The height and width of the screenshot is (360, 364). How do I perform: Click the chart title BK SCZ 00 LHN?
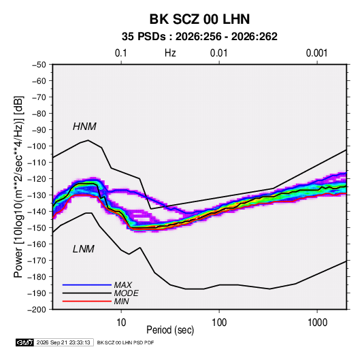pyautogui.click(x=199, y=19)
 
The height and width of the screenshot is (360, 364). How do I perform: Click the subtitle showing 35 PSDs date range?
pyautogui.click(x=199, y=37)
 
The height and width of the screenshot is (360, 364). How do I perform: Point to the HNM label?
pyautogui.click(x=84, y=127)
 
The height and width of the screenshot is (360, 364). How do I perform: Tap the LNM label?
pyautogui.click(x=84, y=249)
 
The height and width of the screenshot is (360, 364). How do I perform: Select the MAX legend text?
pyautogui.click(x=123, y=284)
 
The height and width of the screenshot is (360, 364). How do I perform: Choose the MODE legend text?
pyautogui.click(x=127, y=293)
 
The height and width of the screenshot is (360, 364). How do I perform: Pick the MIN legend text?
pyautogui.click(x=122, y=301)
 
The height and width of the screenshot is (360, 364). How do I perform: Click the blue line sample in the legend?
pyautogui.click(x=87, y=284)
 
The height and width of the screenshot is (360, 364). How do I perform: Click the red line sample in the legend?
pyautogui.click(x=87, y=301)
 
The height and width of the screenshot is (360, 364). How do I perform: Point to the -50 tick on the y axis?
pyautogui.click(x=39, y=65)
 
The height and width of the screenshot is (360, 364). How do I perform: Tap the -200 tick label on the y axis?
pyautogui.click(x=37, y=310)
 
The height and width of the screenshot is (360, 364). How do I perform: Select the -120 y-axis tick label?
pyautogui.click(x=37, y=179)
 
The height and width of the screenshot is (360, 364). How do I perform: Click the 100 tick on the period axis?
pyautogui.click(x=219, y=323)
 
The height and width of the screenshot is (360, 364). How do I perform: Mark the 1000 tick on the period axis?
pyautogui.click(x=317, y=323)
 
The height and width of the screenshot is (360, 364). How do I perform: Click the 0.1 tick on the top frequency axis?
pyautogui.click(x=121, y=53)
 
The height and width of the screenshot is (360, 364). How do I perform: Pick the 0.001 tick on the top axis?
pyautogui.click(x=317, y=53)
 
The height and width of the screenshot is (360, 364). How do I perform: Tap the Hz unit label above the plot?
pyautogui.click(x=170, y=53)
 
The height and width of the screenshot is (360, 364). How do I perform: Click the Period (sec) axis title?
pyautogui.click(x=170, y=330)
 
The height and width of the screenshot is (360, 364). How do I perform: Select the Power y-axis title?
pyautogui.click(x=18, y=186)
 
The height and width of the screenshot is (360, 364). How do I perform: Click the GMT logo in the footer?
pyautogui.click(x=25, y=342)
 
